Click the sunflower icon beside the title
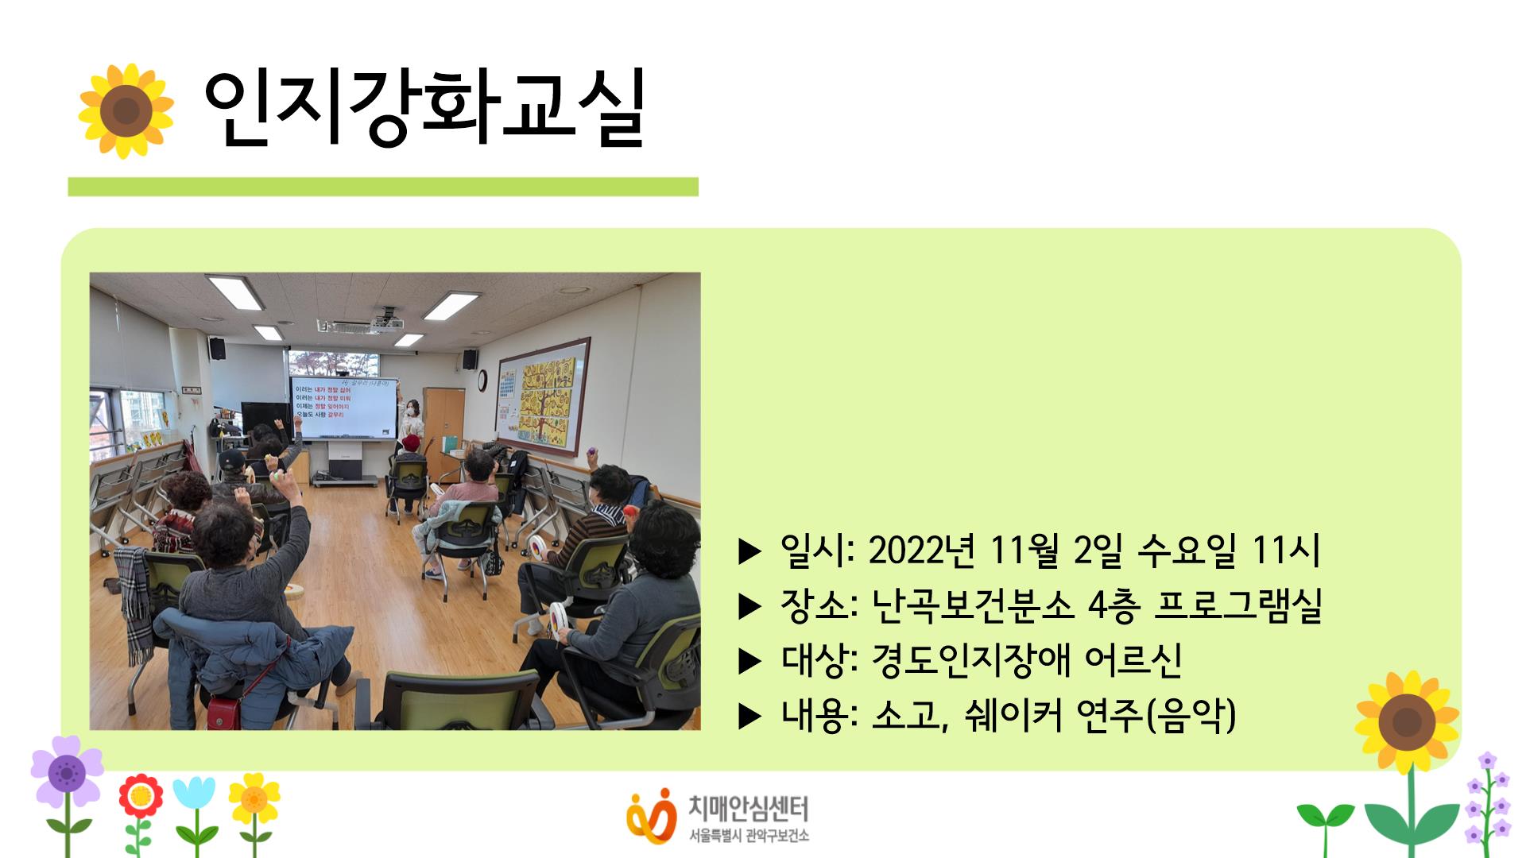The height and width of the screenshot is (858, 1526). pos(126,111)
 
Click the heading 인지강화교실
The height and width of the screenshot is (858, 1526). pos(423,111)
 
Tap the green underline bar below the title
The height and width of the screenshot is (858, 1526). pos(382,187)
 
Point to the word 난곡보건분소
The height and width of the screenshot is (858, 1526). pos(972,606)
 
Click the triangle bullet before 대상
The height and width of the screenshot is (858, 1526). pos(749,662)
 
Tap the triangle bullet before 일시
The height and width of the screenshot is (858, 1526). pos(749,551)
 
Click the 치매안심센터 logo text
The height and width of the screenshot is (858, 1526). pos(747,810)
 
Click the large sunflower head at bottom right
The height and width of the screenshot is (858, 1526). pos(1407,721)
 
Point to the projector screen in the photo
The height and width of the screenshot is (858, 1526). pos(343,407)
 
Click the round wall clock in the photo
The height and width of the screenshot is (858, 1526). pos(482,381)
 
